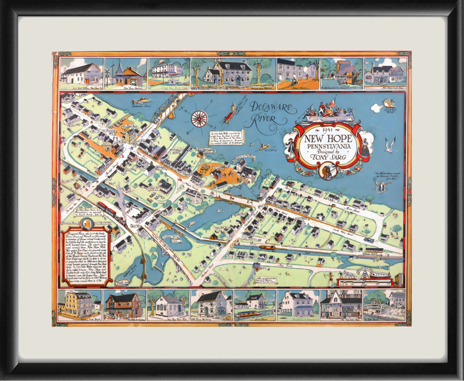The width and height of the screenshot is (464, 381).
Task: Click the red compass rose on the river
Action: coord(199,118)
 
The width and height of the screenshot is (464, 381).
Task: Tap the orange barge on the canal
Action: coord(267,248)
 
